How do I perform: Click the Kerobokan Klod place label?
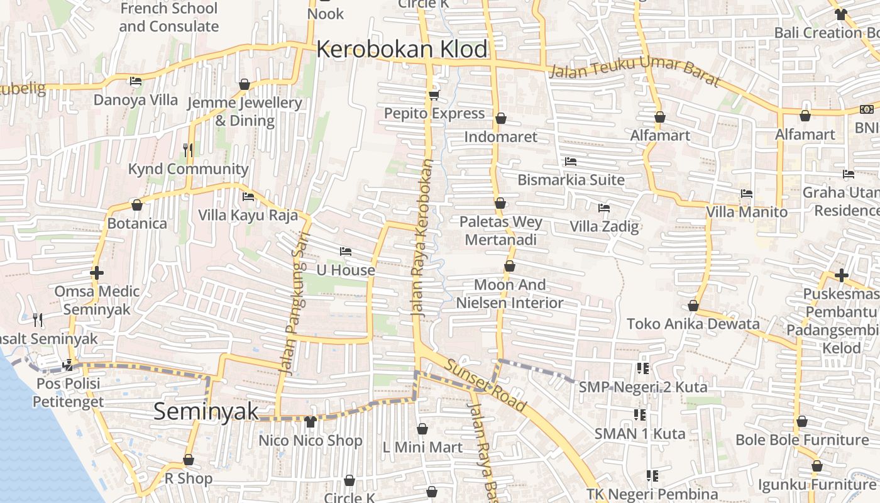pyautogui.click(x=402, y=49)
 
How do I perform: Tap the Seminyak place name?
pyautogui.click(x=206, y=412)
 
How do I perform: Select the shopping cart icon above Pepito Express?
pyautogui.click(x=434, y=95)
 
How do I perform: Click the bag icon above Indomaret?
pyautogui.click(x=501, y=118)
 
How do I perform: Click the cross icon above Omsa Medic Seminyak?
pyautogui.click(x=96, y=274)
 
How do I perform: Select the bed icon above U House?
pyautogui.click(x=345, y=251)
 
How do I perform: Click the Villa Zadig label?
pyautogui.click(x=604, y=226)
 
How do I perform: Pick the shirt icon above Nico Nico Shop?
pyautogui.click(x=310, y=422)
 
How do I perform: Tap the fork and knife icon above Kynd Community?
pyautogui.click(x=187, y=150)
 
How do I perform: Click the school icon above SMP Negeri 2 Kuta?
pyautogui.click(x=642, y=368)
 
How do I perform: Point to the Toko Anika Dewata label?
pyautogui.click(x=693, y=324)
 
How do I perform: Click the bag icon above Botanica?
pyautogui.click(x=136, y=205)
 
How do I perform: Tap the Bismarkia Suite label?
pyautogui.click(x=571, y=180)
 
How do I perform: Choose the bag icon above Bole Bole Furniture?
pyautogui.click(x=801, y=421)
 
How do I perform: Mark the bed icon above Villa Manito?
pyautogui.click(x=746, y=194)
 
